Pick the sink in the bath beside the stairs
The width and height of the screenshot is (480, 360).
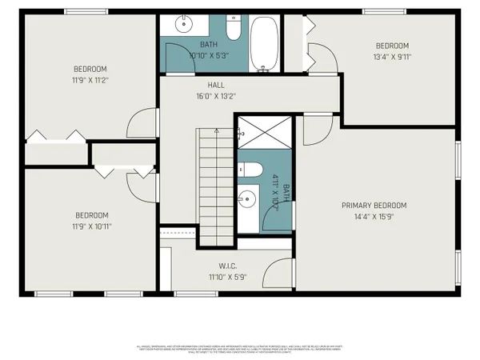click(x=248, y=197)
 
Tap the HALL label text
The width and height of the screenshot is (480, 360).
click(x=216, y=85)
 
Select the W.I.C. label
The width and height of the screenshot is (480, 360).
click(x=230, y=267)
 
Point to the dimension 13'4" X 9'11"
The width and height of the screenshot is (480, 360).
click(x=392, y=56)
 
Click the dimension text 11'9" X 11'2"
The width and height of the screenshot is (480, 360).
click(x=90, y=79)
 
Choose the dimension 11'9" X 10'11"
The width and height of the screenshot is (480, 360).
click(x=92, y=226)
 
